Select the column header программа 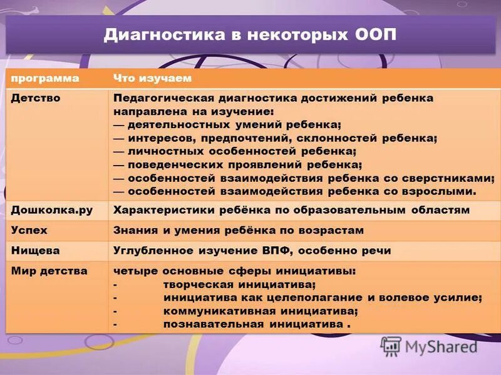(44, 78)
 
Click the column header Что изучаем (152, 78)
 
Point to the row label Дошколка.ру (52, 210)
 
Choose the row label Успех (29, 230)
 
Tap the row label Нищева (35, 250)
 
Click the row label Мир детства (49, 271)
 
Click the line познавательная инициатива (253, 324)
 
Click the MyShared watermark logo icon (391, 346)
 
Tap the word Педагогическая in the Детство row (162, 98)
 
